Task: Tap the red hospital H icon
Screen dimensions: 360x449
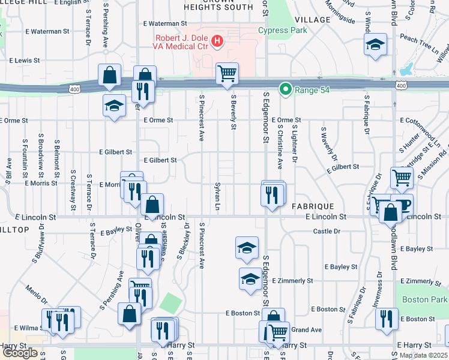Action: coord(217,41)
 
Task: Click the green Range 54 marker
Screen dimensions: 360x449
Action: coord(285,90)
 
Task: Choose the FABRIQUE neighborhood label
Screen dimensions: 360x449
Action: coord(312,206)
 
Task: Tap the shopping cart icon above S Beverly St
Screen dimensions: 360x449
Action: coord(227,74)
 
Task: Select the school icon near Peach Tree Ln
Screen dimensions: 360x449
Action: coord(375,44)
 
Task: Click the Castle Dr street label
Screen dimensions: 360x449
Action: coord(327,231)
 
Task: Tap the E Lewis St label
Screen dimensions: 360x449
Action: coord(24,61)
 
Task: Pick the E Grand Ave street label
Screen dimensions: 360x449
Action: coord(306,329)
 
